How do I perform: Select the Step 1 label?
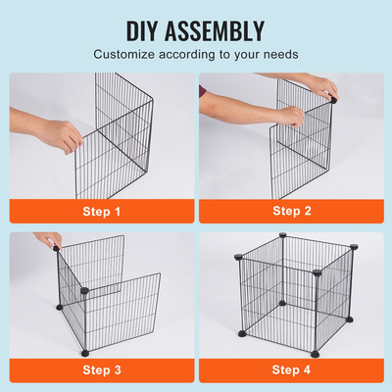coord(103,210)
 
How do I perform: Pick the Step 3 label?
coord(103,369)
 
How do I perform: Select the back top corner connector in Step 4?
coord(282,236)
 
